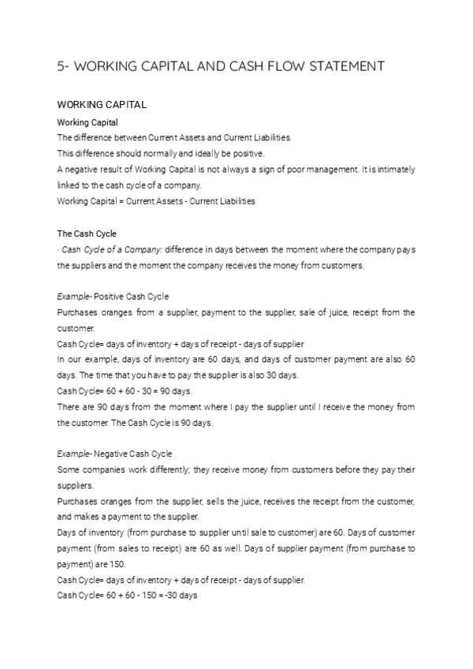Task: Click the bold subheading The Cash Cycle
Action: click(x=86, y=234)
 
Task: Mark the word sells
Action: click(x=196, y=501)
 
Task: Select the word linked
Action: click(x=69, y=185)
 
